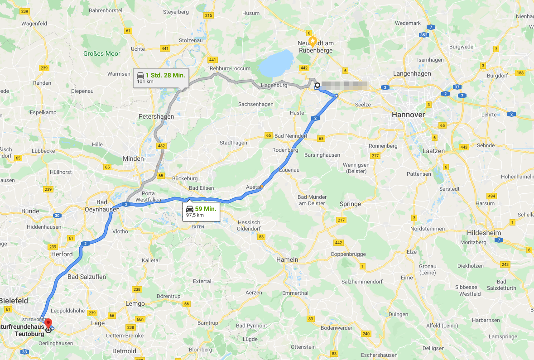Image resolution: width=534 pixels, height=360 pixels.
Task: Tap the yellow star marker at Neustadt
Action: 313,40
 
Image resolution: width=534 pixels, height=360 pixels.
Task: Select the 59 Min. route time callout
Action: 201,211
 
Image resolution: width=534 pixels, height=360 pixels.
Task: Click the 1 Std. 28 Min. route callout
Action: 161,77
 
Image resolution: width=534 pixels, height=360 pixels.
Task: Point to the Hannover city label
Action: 408,115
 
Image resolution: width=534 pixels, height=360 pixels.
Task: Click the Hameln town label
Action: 287,259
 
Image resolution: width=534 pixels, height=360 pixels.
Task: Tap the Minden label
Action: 133,158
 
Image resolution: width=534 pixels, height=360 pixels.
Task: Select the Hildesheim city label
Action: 484,233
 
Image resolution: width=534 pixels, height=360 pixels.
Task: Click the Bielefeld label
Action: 14,301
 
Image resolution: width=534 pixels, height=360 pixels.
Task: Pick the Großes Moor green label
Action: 102,53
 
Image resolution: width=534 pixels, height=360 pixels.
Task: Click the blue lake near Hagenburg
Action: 276,63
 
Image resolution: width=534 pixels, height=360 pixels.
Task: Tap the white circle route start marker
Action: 318,85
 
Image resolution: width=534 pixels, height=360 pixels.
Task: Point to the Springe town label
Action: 350,204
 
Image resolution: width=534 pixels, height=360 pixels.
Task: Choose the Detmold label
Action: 124,351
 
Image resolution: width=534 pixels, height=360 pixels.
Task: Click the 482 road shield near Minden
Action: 160,146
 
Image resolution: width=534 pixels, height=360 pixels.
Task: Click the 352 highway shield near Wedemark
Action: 424,35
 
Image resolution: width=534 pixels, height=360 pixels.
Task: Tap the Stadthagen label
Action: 233,143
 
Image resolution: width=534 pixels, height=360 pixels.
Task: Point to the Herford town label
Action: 62,254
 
